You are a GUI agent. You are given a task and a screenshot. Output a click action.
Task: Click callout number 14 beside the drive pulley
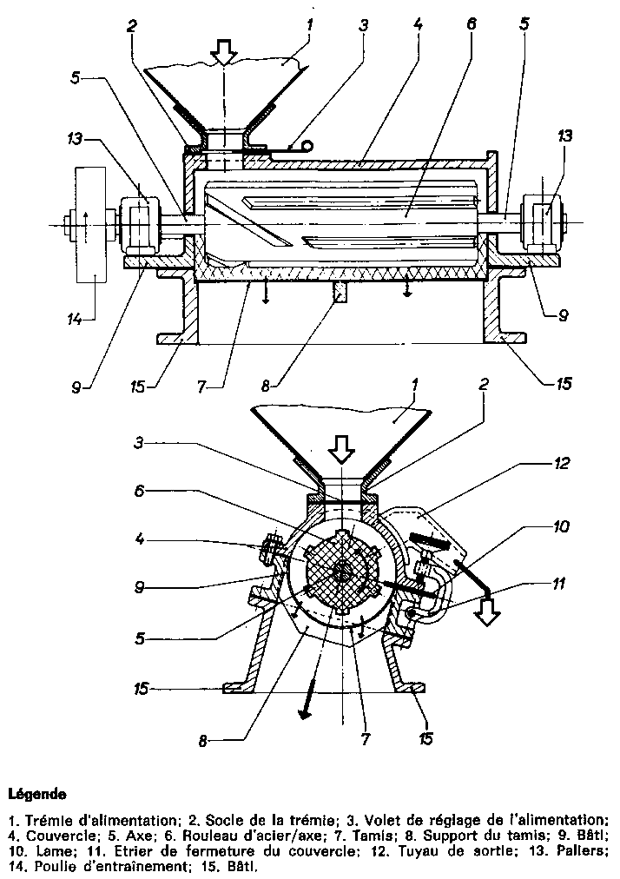[x=75, y=320]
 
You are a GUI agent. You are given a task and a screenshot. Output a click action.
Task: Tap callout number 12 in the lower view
[x=563, y=463]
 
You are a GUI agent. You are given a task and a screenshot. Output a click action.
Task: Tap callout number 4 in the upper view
[x=419, y=23]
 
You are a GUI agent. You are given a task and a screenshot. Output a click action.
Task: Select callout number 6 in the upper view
[x=471, y=23]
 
